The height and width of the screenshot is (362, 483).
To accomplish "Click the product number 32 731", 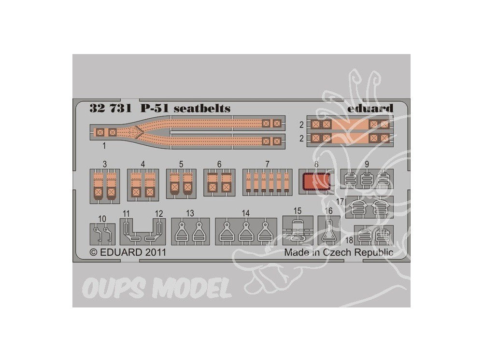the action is [x=111, y=108].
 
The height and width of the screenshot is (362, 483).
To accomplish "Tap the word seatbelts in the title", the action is [x=202, y=108].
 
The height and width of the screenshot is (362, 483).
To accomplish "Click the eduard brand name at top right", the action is [x=370, y=108].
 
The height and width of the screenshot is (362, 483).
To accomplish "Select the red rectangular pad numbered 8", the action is [x=317, y=181].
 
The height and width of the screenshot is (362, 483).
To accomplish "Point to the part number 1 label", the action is [x=104, y=146].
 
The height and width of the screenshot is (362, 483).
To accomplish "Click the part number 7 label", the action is [x=268, y=164].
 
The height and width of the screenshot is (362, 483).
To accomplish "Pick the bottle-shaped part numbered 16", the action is [x=328, y=232].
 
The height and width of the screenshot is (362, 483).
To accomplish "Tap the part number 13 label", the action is [x=190, y=213].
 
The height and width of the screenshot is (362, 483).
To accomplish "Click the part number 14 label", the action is [x=245, y=213].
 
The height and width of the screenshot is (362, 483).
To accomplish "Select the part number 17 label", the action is [x=340, y=202].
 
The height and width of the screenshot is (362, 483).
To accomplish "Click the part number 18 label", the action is [x=349, y=240].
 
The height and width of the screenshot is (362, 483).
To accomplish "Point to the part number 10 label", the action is [x=102, y=219].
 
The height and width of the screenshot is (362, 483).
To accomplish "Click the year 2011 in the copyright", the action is [x=156, y=252].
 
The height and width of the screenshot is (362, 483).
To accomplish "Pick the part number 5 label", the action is [x=181, y=164].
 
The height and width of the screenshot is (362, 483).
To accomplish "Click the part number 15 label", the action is [x=297, y=211].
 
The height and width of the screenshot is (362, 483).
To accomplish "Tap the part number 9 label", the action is [x=367, y=164].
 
